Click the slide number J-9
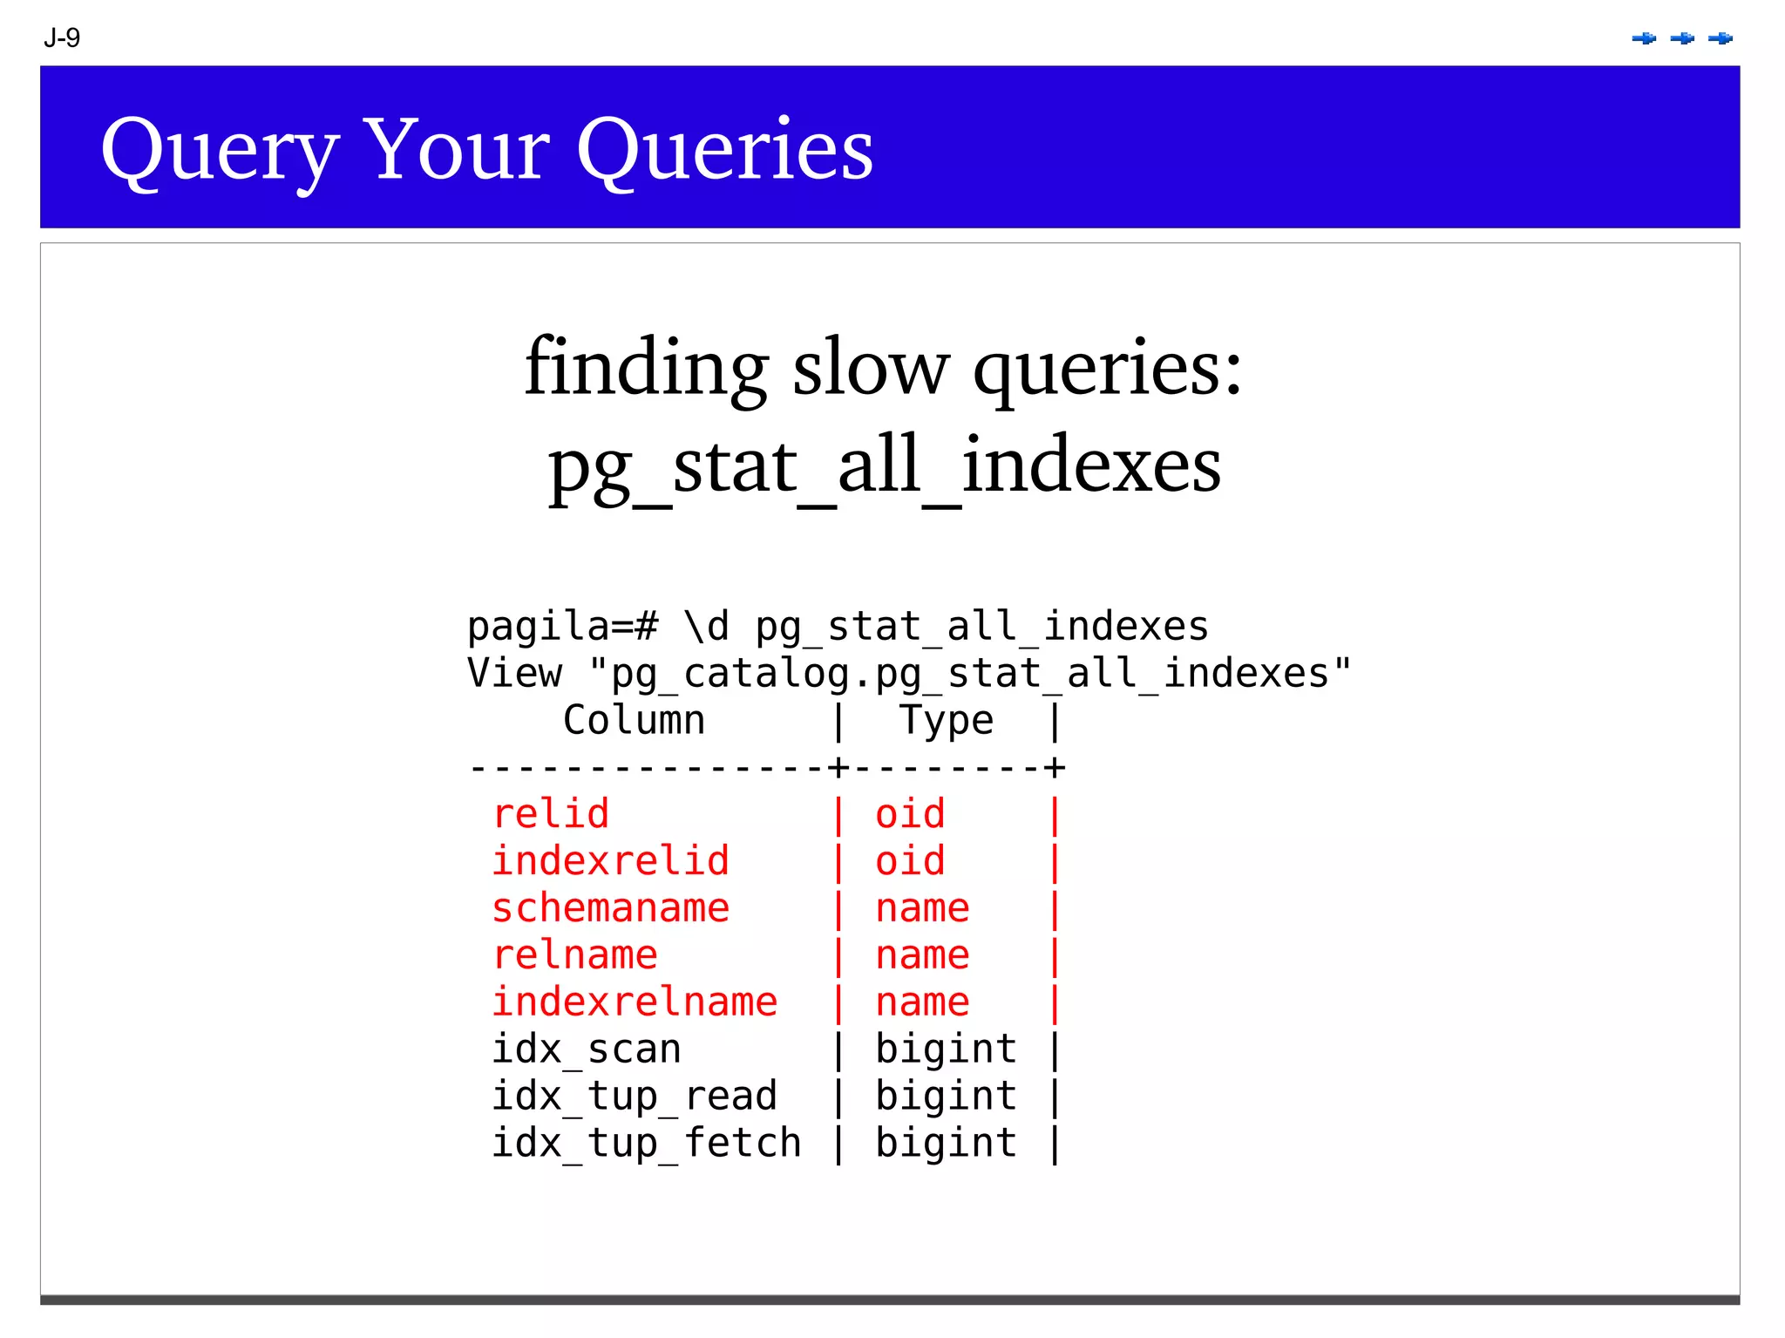pos(62,38)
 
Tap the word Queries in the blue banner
pos(724,150)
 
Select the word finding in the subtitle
pos(646,367)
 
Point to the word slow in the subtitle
pos(869,367)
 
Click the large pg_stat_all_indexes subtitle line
pos(884,466)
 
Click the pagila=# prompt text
pos(562,627)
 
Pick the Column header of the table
pos(634,721)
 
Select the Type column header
pos(946,721)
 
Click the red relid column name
pos(551,814)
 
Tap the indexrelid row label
pos(610,861)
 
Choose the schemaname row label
pos(610,908)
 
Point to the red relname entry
pos(574,955)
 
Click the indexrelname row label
pos(635,1002)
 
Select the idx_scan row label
pos(587,1049)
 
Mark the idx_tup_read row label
pos(635,1097)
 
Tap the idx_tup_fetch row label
pos(646,1144)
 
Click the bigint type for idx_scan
pos(946,1049)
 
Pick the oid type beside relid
pos(910,814)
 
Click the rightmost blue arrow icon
pos(1721,38)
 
